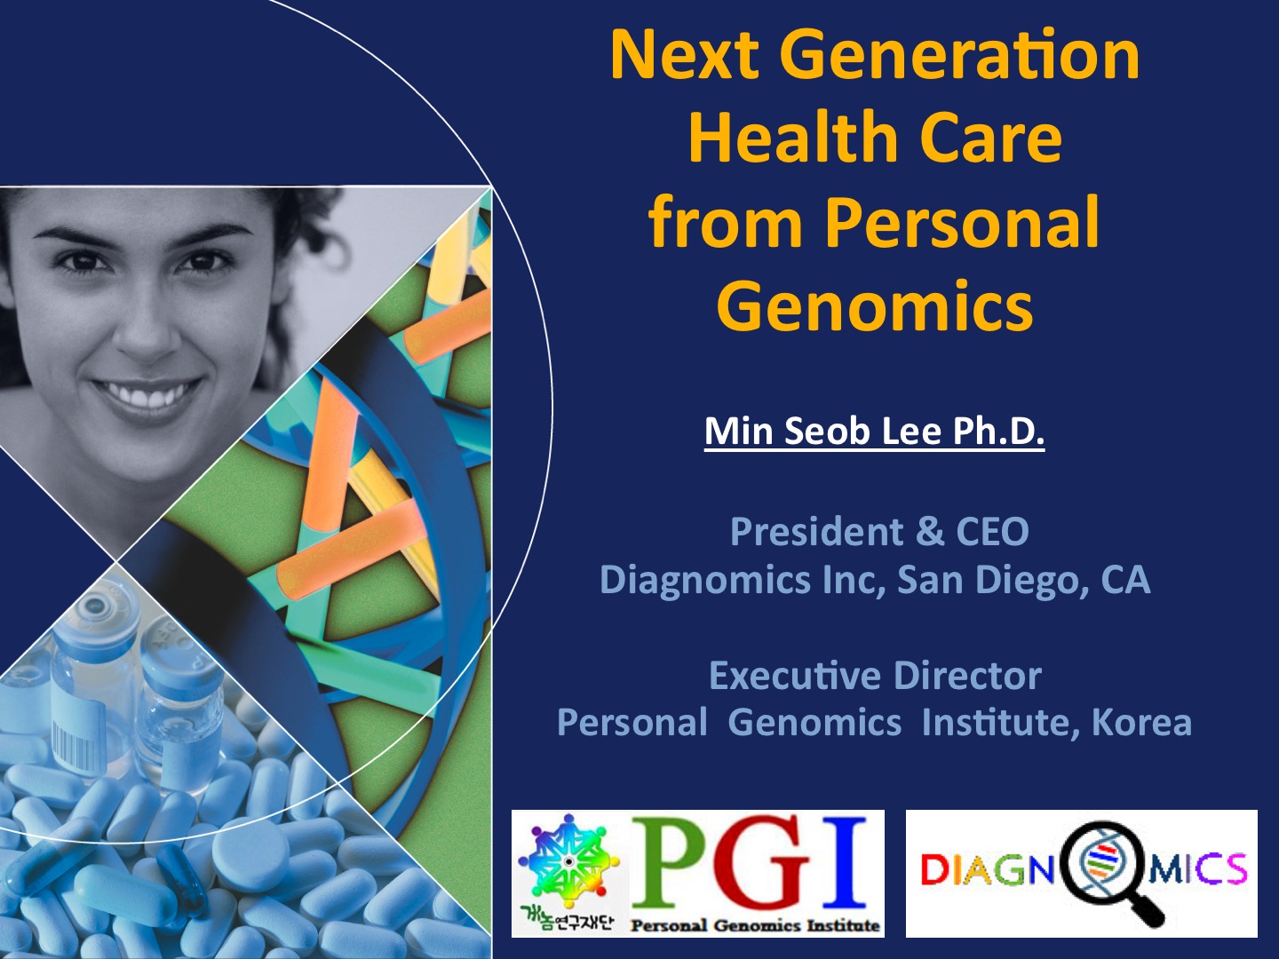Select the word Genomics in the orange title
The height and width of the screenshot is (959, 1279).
point(875,306)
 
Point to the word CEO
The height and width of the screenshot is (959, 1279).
point(992,531)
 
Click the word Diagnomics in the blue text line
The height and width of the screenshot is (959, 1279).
point(705,580)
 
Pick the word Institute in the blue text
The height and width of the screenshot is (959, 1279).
point(1001,723)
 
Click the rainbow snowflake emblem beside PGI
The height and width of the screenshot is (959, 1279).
point(568,862)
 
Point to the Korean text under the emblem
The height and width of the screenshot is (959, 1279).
point(567,924)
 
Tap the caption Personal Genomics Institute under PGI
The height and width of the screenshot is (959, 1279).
point(755,925)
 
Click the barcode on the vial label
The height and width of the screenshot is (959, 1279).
point(71,738)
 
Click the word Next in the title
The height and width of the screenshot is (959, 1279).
point(684,56)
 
